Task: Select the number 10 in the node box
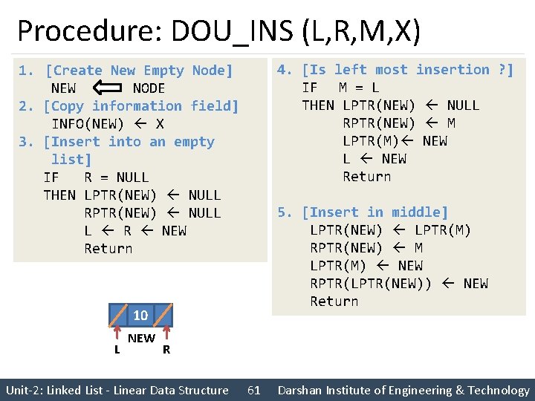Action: pos(140,316)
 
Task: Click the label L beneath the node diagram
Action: pos(117,349)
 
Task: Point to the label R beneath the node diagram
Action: pos(166,349)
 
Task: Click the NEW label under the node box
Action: pos(141,339)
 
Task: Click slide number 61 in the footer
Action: pos(253,390)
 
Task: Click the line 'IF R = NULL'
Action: pos(97,177)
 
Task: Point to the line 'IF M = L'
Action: pos(341,88)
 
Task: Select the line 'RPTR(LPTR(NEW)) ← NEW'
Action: pos(399,284)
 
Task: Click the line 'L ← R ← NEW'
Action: pos(135,231)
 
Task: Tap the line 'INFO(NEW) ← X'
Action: pos(108,124)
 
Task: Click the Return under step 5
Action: pos(334,301)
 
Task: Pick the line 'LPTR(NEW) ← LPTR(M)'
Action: pos(391,230)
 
